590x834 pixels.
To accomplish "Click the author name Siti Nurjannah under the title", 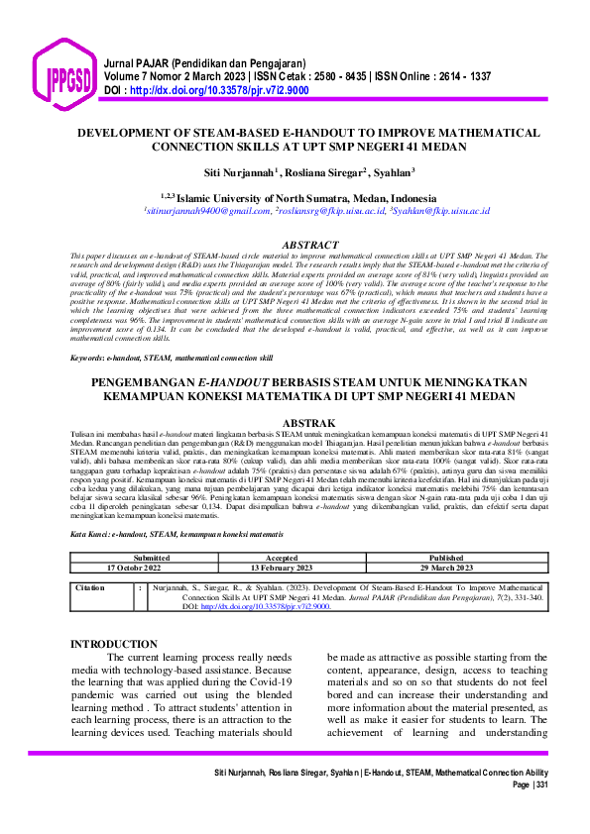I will tap(239, 173).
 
